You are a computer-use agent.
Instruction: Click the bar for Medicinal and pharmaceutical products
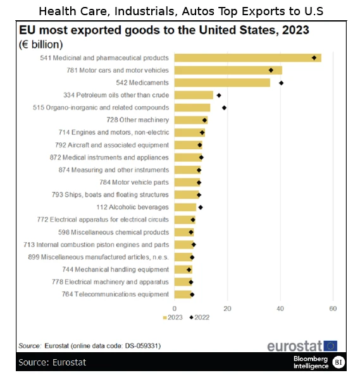pos(247,58)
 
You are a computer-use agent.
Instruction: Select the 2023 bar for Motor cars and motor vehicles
pos(228,70)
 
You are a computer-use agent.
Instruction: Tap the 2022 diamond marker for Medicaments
pos(281,83)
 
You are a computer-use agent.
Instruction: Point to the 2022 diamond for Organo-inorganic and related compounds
pos(224,107)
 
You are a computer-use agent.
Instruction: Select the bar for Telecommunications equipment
pos(183,294)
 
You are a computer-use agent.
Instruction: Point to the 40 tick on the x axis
pos(280,309)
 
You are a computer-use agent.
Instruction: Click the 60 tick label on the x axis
pos(333,309)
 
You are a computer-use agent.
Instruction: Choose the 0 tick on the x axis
pos(175,309)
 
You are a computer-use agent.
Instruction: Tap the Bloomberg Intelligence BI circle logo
pos(338,362)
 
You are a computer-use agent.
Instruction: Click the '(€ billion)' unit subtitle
pos(41,44)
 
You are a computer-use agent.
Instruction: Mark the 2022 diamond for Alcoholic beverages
pos(201,207)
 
